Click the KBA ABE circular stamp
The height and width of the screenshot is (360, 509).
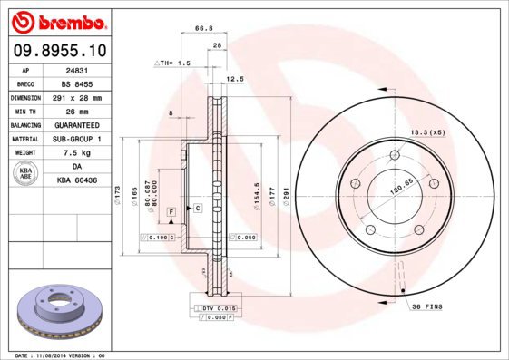[25, 174]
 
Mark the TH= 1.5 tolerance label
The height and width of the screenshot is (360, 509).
[174, 63]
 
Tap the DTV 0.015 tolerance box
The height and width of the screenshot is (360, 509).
[214, 309]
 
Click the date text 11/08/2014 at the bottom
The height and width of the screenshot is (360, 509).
[62, 355]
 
